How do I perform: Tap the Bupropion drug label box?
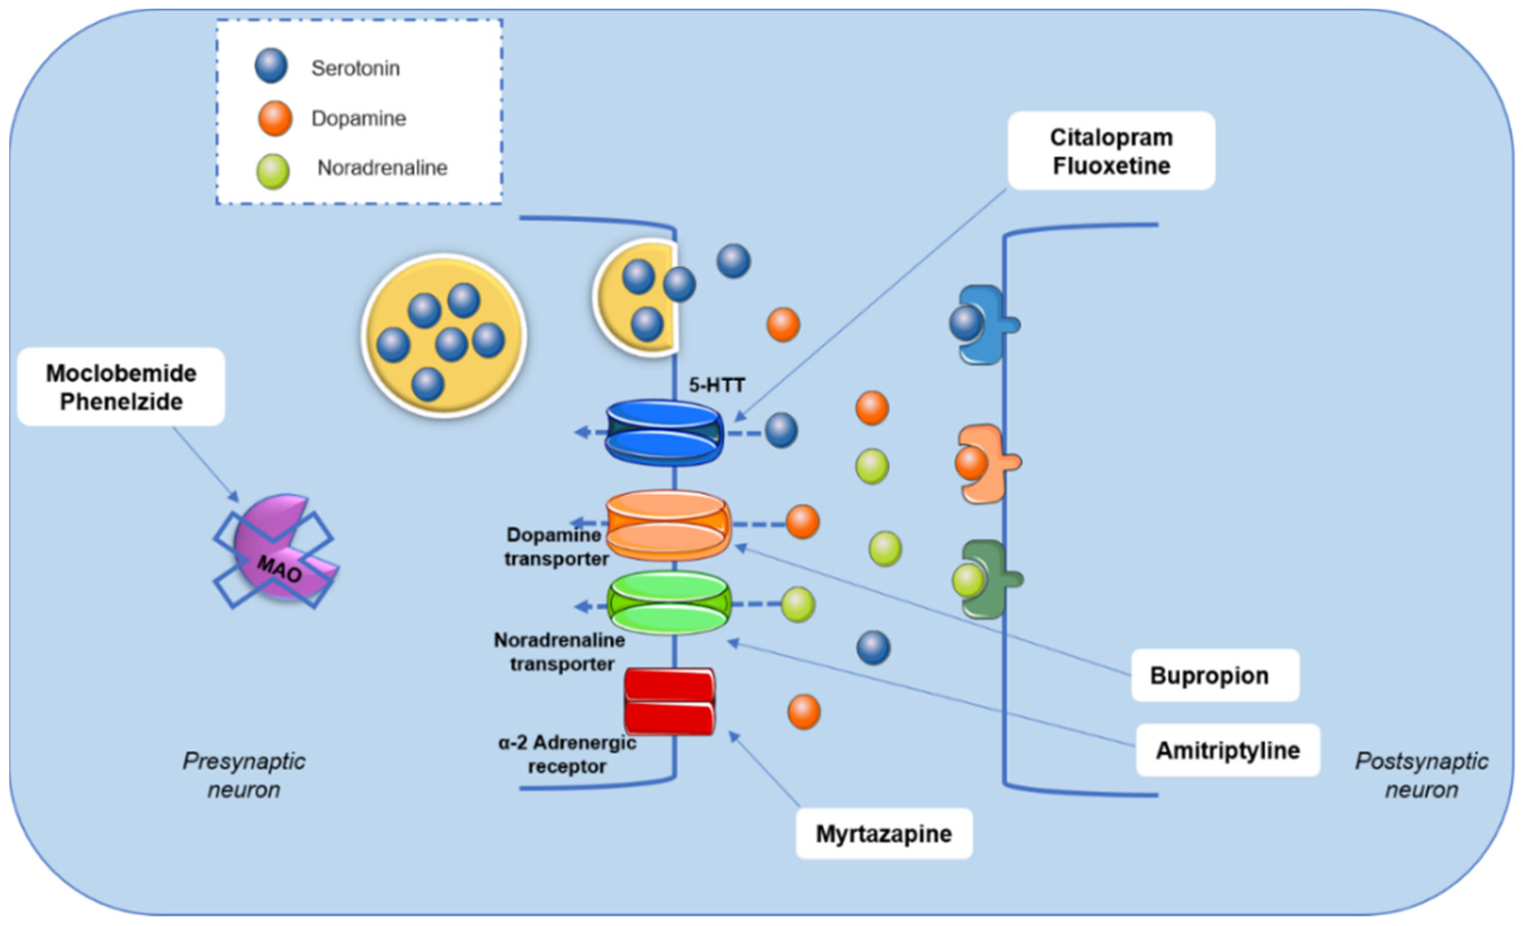click(x=1215, y=675)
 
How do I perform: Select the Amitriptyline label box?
click(x=1228, y=751)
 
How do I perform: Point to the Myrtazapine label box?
click(x=883, y=834)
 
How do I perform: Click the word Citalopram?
click(x=1111, y=137)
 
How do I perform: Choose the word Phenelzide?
click(x=121, y=402)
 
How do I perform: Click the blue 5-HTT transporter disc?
click(x=664, y=432)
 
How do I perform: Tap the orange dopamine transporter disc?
click(x=667, y=525)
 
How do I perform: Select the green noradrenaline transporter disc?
click(x=669, y=603)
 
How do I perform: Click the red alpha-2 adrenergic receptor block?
click(x=669, y=701)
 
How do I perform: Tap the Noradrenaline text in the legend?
click(x=382, y=168)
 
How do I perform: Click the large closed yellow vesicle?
click(x=444, y=335)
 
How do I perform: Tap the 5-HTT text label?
click(x=716, y=385)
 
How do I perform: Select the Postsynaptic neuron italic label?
click(x=1421, y=775)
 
